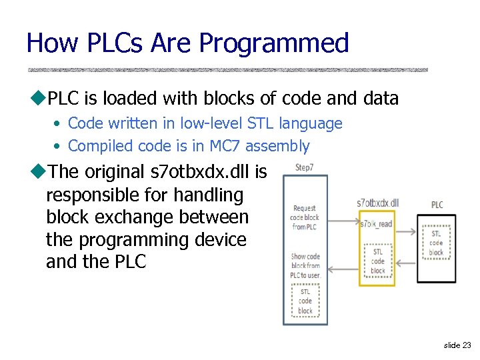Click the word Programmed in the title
click(274, 43)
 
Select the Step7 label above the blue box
click(305, 167)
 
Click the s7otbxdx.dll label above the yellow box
click(377, 203)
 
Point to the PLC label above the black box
click(437, 205)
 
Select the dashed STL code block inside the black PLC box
click(436, 243)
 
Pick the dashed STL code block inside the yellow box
click(378, 261)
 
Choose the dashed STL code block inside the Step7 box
click(305, 301)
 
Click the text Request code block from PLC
click(305, 217)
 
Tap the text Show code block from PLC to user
click(305, 265)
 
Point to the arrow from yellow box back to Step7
click(343, 269)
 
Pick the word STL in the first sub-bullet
click(261, 123)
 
